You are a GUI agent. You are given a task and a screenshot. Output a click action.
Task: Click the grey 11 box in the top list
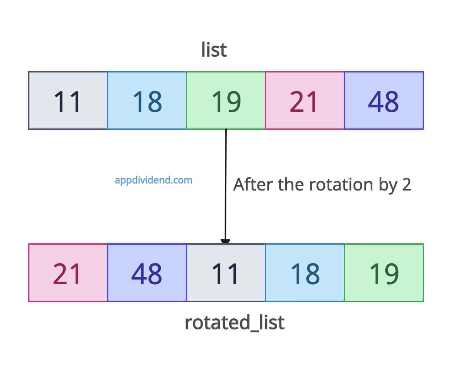click(x=68, y=100)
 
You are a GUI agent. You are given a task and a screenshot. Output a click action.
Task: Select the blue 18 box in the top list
click(x=147, y=100)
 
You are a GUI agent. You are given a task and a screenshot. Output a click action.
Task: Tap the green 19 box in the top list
click(x=226, y=100)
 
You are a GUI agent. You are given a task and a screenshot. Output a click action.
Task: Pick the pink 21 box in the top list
click(x=305, y=100)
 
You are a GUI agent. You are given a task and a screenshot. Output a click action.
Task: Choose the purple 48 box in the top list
click(x=384, y=100)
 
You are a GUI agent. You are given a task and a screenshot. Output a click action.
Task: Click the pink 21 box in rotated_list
click(x=68, y=273)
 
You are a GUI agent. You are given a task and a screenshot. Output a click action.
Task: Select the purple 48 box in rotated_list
click(x=147, y=273)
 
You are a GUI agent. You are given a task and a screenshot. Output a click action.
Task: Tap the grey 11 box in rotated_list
click(x=226, y=273)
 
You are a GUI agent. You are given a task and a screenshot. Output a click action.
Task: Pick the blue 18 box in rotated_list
click(x=305, y=273)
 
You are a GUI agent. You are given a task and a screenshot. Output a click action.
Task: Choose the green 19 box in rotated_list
click(x=384, y=273)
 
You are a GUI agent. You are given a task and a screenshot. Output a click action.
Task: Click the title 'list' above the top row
click(x=214, y=50)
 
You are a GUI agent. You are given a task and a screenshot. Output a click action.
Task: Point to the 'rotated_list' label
click(x=234, y=322)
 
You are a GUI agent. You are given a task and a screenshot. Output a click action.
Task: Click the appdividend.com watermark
click(x=153, y=180)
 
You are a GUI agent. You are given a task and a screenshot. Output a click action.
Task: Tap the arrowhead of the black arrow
click(x=225, y=241)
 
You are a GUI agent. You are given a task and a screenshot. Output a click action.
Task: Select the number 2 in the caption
click(x=406, y=184)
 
